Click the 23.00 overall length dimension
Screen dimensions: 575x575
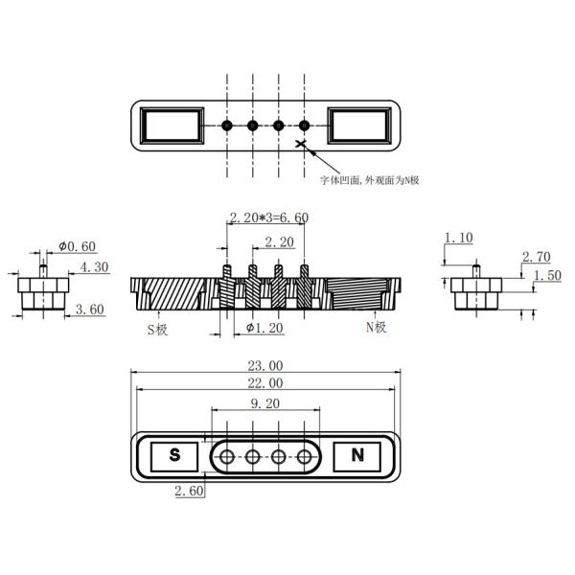click(265, 365)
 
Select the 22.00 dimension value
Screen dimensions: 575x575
click(265, 382)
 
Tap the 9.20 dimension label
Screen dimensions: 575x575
click(265, 404)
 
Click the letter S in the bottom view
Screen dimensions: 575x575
click(174, 456)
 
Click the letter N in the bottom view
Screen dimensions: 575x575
click(357, 456)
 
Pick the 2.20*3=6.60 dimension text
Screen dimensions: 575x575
click(268, 218)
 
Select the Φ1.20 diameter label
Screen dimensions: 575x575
click(264, 328)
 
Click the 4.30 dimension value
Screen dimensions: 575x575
click(94, 267)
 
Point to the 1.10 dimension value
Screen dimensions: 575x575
click(458, 238)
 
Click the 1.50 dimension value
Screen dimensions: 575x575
click(548, 275)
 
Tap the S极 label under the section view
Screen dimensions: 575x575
click(157, 328)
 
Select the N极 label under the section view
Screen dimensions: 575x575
click(376, 327)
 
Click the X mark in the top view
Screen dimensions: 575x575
click(303, 145)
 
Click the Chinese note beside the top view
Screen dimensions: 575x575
click(369, 179)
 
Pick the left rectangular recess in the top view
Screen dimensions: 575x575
click(172, 126)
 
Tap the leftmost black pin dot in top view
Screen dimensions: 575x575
click(227, 126)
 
